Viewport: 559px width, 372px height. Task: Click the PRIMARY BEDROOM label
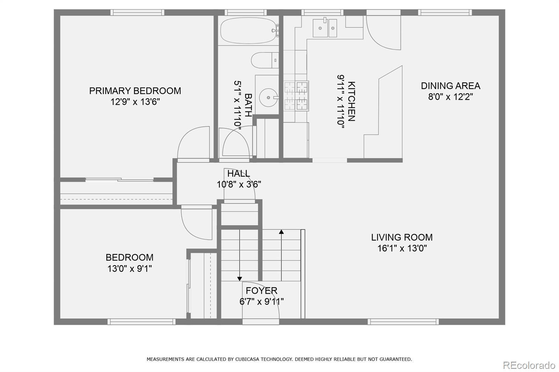pos(135,91)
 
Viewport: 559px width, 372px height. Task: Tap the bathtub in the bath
pos(248,30)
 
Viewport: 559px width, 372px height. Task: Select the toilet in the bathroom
pos(265,60)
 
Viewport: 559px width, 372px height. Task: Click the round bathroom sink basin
pos(269,97)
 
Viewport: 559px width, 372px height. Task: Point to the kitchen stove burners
pos(296,96)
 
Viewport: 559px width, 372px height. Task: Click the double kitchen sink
pos(325,28)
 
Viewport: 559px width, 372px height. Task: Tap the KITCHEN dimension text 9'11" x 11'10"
pos(341,101)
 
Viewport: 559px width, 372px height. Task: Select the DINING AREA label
pos(450,86)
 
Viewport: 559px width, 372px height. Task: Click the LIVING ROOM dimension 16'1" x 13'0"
pos(402,248)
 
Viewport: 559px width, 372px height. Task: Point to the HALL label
pos(239,173)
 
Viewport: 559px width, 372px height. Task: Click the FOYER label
pos(261,290)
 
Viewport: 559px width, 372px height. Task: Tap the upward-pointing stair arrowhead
pos(281,232)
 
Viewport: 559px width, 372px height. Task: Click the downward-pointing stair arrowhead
pos(240,279)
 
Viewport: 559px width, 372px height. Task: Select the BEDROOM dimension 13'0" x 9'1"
pos(130,268)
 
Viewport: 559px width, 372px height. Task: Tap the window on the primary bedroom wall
pos(137,13)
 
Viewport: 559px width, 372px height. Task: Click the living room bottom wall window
pos(403,322)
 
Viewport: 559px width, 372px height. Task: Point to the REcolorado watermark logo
pos(529,365)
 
